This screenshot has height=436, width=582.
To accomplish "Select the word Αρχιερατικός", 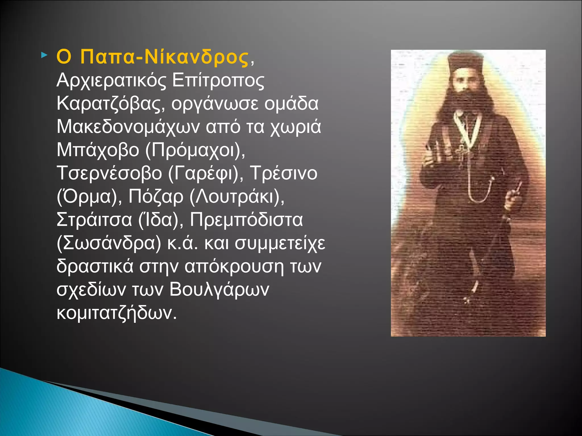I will tap(111, 80).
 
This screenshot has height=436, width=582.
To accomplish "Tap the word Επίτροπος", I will tap(218, 80).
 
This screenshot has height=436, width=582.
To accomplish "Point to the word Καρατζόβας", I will tap(111, 104).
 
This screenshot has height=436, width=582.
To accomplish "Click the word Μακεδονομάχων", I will tap(128, 127).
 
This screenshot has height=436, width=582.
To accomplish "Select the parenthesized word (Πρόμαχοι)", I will tap(195, 150).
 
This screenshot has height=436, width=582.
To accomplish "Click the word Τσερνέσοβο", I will tap(109, 173).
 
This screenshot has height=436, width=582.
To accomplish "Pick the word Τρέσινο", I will tap(284, 173).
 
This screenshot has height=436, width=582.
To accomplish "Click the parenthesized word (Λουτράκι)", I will tap(237, 197).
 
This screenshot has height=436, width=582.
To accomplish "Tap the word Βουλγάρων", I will tap(219, 290).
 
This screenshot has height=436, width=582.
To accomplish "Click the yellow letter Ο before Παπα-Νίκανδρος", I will tap(64, 57).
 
